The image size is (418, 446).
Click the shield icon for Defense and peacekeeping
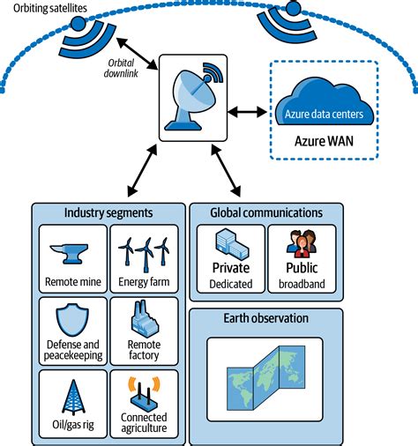click(73, 322)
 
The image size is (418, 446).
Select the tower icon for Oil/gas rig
click(73, 394)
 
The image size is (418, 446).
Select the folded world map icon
click(265, 372)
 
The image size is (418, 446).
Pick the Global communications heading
click(265, 212)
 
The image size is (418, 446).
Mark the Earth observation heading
click(265, 318)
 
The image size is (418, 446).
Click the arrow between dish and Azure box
click(249, 111)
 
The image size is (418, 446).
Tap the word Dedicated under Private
click(231, 284)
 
